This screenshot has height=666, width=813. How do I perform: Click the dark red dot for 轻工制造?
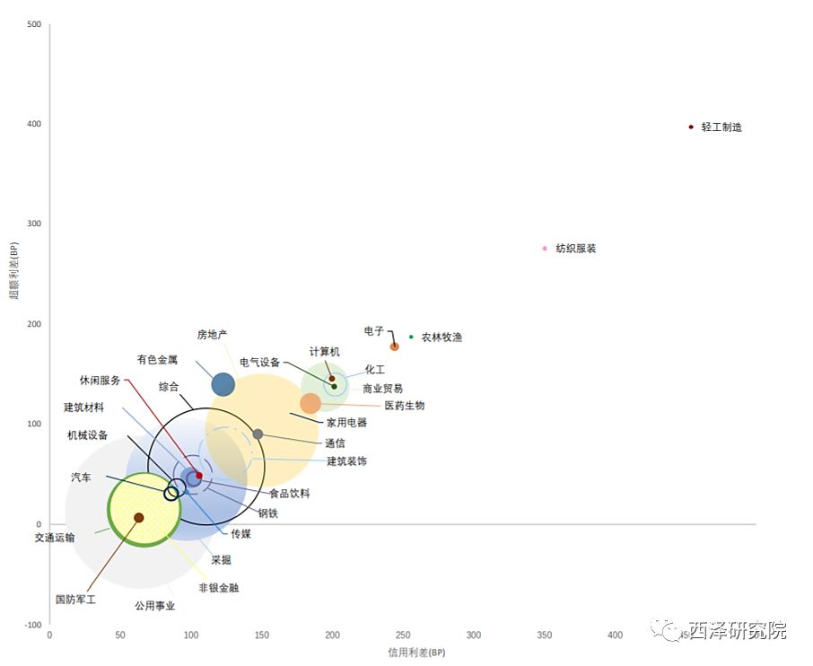(x=691, y=127)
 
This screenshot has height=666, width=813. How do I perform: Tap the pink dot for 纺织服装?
(x=545, y=249)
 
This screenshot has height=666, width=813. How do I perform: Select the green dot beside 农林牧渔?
(x=412, y=337)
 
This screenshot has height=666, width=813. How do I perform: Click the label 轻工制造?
(x=721, y=127)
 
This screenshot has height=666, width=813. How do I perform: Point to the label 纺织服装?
(x=575, y=249)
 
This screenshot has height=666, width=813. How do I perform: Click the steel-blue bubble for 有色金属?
(x=223, y=385)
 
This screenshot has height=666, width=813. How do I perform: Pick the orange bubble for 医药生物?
(x=310, y=404)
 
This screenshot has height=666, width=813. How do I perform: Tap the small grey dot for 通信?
(x=258, y=434)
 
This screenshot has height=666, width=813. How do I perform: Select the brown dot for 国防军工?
(x=139, y=518)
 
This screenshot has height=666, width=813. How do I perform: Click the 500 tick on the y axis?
(x=34, y=24)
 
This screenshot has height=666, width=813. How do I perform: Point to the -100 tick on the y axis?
(x=31, y=625)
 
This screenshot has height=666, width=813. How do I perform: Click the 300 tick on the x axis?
(x=474, y=635)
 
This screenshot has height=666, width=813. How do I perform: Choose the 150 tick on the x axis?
(x=261, y=635)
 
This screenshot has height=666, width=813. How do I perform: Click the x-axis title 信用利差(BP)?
(x=416, y=653)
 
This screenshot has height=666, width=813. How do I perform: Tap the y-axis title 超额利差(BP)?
(x=15, y=270)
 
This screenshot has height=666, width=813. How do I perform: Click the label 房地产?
(x=213, y=335)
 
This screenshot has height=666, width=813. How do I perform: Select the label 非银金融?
(x=219, y=588)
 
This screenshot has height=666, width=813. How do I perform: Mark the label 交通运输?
(x=55, y=538)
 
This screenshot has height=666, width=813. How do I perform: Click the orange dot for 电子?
(x=395, y=346)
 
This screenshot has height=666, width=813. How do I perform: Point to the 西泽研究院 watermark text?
(x=738, y=631)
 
